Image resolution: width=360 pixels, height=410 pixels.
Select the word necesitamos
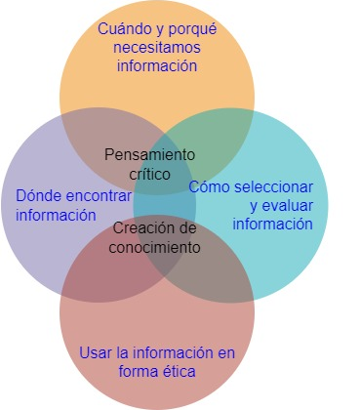(x=157, y=48)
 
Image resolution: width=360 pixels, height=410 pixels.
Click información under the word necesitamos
(x=157, y=65)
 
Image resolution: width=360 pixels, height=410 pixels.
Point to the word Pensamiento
(x=149, y=154)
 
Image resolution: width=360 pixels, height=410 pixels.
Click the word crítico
(x=149, y=174)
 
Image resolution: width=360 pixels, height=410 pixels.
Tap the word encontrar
(x=99, y=196)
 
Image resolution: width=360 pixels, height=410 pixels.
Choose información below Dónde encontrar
(x=56, y=215)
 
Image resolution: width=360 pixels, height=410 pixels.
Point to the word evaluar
(x=287, y=206)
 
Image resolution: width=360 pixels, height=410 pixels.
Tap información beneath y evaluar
(x=272, y=225)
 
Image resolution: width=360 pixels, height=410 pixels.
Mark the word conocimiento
(x=154, y=247)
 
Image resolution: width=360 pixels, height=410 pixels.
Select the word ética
(x=180, y=371)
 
